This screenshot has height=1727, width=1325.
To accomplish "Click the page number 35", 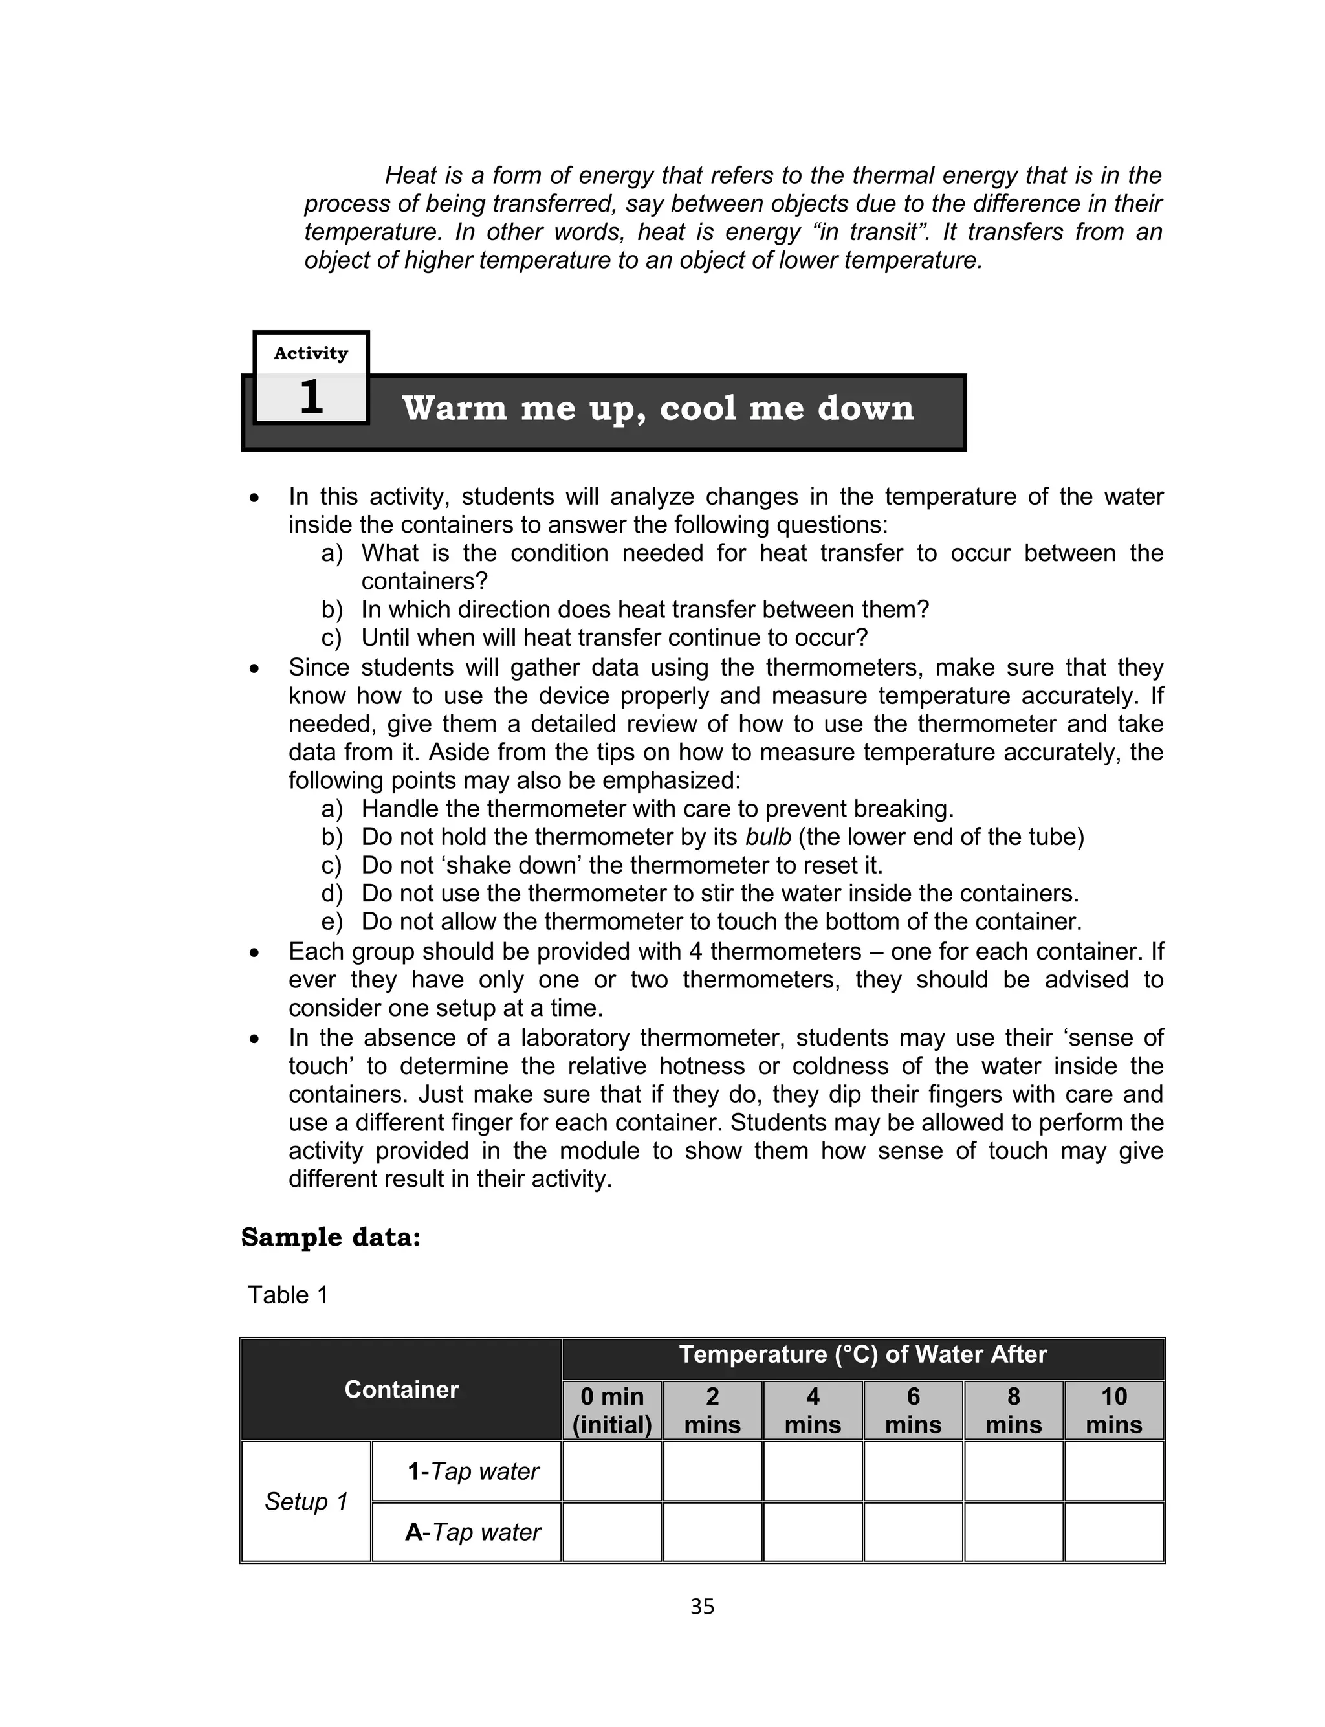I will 701,1607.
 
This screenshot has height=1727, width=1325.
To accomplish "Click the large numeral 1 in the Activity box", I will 311,397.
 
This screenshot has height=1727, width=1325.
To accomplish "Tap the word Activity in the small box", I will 311,353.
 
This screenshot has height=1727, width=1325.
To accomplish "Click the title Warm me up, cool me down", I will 658,408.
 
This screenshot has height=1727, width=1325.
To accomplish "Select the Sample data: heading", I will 331,1237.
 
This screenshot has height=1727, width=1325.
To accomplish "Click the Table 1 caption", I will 288,1295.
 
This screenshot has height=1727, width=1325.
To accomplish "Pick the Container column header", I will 400,1389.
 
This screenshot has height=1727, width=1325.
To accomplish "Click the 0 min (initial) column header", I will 612,1410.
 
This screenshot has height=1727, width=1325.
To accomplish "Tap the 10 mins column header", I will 1113,1410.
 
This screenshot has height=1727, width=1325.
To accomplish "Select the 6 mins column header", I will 914,1410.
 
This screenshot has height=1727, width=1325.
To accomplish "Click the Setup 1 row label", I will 306,1501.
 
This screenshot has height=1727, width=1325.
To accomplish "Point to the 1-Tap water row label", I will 473,1471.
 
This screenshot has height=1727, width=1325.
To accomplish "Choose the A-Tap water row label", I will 472,1532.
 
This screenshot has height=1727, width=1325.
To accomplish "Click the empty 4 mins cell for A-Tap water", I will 813,1532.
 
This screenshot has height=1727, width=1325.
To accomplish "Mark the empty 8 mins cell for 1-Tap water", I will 1013,1471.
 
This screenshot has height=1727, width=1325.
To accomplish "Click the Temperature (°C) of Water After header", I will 863,1354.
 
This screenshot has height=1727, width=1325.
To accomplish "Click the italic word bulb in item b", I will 767,837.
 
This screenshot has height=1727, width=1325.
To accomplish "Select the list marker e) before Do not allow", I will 332,922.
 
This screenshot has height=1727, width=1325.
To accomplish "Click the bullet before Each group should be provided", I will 254,953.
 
